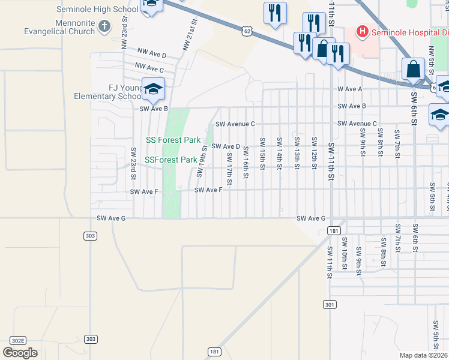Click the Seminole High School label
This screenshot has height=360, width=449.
(97, 9)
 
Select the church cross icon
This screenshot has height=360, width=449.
(104, 26)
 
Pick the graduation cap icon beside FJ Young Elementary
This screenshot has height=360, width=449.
(153, 89)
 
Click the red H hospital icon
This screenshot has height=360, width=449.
(363, 31)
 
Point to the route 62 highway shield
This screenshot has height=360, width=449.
(248, 30)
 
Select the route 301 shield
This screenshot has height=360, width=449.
(329, 305)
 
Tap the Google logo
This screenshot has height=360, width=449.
(20, 353)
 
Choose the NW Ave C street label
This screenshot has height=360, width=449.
(149, 68)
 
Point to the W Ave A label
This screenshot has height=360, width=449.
(350, 89)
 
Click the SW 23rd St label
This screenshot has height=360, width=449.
(133, 163)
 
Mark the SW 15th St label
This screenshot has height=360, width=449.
(262, 154)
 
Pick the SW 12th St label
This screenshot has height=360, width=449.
(314, 154)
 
